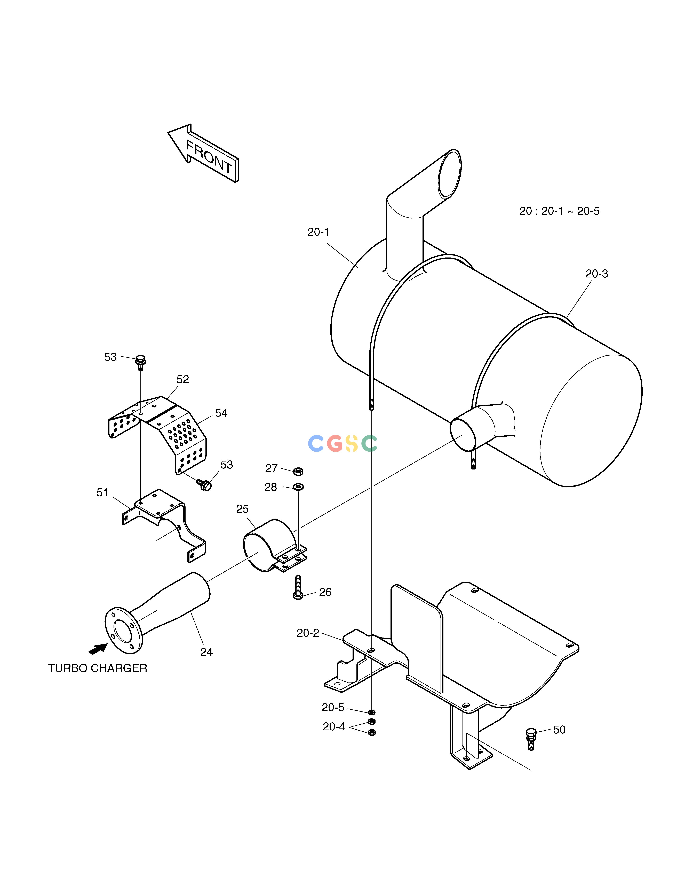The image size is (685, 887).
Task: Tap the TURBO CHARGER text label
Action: pyautogui.click(x=97, y=668)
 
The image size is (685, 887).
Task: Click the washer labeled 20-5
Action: pyautogui.click(x=371, y=712)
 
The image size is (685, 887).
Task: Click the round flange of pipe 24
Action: pyautogui.click(x=124, y=630)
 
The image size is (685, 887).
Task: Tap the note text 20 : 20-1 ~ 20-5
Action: pyautogui.click(x=559, y=211)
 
